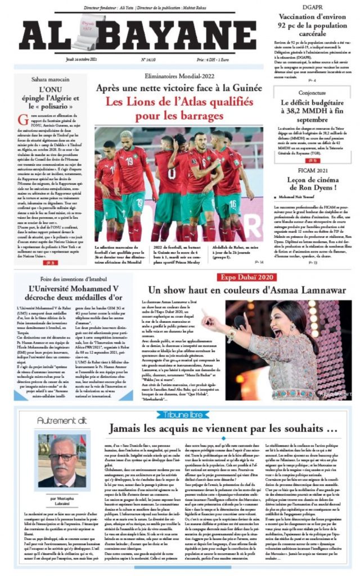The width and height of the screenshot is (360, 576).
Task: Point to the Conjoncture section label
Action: (312, 93)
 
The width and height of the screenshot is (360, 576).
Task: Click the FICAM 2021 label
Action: (312, 169)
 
